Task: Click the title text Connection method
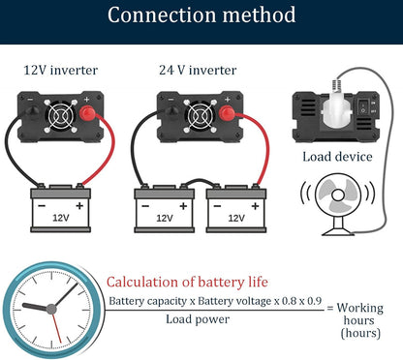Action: (x=201, y=16)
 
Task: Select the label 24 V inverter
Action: (x=197, y=71)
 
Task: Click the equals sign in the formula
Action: (x=329, y=308)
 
